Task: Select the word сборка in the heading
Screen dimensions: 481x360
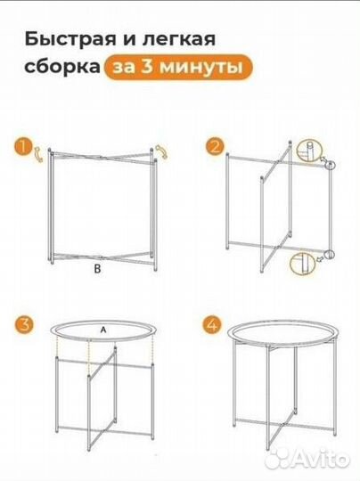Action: (58, 67)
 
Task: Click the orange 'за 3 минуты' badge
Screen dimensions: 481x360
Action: (176, 67)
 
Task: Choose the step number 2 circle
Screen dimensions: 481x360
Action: (214, 147)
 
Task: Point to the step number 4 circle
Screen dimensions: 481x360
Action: (214, 323)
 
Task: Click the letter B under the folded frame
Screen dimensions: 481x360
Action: (100, 267)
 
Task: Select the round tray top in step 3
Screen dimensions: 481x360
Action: (102, 338)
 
